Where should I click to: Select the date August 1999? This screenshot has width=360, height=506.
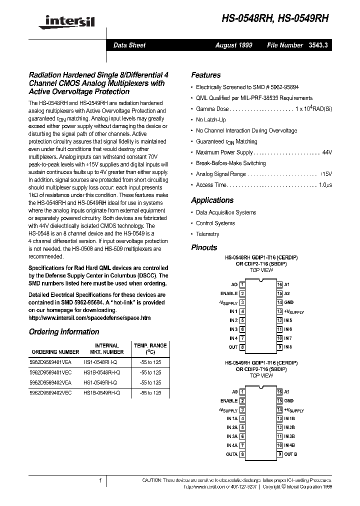click(233, 45)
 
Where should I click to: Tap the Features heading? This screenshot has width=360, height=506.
click(205, 75)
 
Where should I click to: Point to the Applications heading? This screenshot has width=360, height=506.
click(212, 200)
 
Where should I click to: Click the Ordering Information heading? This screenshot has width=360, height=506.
click(64, 332)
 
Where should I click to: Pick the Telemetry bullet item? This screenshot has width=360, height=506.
click(207, 234)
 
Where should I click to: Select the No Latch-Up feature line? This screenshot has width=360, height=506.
click(210, 120)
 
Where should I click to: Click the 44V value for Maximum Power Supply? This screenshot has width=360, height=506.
click(327, 152)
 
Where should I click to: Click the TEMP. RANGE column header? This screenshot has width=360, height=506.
click(150, 345)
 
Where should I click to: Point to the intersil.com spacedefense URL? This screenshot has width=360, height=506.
click(89, 318)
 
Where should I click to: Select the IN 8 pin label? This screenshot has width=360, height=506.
click(288, 347)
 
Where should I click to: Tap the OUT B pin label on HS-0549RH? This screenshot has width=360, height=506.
click(290, 454)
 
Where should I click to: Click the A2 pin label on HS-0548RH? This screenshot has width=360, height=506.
click(287, 293)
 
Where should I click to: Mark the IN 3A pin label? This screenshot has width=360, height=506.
click(232, 436)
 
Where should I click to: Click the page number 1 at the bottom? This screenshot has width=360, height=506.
click(100, 480)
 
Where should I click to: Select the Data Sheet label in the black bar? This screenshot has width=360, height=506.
click(129, 45)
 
